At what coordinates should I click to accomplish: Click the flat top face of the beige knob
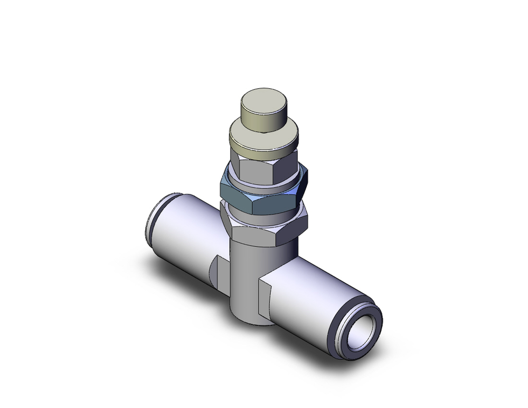point(263,103)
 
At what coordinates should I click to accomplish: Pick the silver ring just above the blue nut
point(264,182)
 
